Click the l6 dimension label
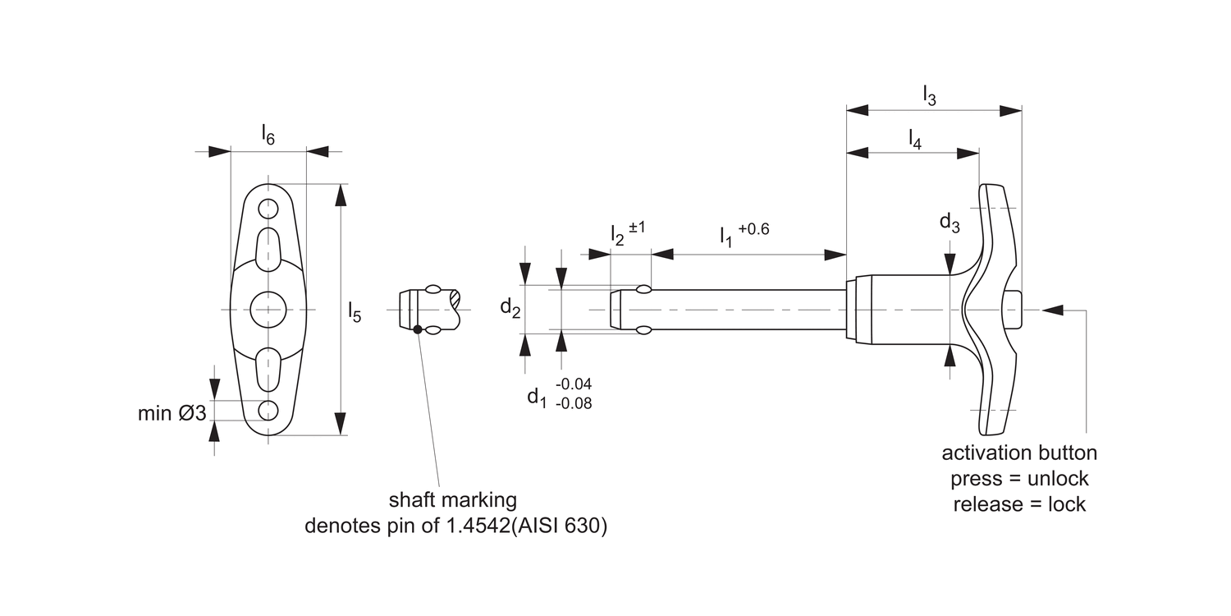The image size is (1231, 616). click(268, 135)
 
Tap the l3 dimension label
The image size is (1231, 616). click(929, 95)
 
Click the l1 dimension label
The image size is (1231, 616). click(726, 237)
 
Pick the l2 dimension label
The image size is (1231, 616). click(617, 234)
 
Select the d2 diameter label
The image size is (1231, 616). click(510, 308)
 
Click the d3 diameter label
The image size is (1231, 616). click(950, 223)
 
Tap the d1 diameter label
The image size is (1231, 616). click(537, 397)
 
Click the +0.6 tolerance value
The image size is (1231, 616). click(753, 229)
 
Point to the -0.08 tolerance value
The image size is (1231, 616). click(574, 403)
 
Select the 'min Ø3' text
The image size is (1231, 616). click(172, 413)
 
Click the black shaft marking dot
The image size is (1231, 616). click(418, 329)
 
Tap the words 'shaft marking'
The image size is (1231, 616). click(452, 499)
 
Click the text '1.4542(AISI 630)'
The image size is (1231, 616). click(525, 526)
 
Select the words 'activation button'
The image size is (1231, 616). click(1018, 453)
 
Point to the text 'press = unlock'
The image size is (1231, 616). click(1018, 479)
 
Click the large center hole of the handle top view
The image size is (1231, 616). click(268, 309)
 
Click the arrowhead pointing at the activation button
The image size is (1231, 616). click(1052, 310)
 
